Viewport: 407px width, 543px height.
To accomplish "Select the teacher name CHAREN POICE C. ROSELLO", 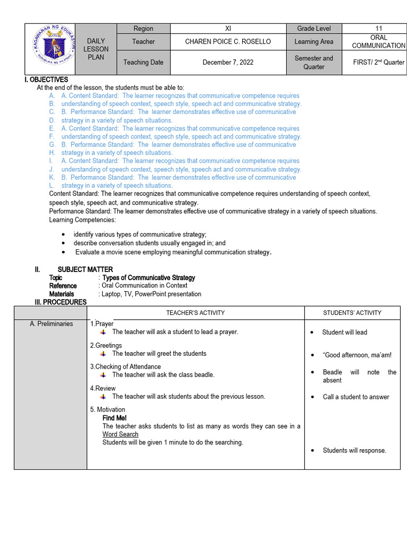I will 228,41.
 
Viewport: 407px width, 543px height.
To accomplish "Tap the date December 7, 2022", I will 228,62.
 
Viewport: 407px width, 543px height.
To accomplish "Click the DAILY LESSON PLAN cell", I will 96,49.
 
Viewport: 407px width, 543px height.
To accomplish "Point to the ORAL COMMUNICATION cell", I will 378,41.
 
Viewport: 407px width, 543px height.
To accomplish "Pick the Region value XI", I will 228,29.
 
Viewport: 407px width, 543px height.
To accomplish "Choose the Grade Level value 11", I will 378,29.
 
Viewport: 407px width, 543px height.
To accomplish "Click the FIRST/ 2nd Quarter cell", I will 378,62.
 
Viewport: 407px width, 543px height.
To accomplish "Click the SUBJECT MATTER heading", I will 85,269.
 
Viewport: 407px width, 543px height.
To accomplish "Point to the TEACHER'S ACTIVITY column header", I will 196,313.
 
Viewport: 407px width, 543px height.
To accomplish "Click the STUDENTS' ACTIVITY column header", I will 352,313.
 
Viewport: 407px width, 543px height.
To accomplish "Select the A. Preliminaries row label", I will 51,323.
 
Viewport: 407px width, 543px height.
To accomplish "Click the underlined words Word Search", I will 120,434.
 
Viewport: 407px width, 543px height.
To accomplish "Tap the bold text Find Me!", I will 114,418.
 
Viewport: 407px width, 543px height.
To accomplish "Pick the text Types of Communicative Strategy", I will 148,277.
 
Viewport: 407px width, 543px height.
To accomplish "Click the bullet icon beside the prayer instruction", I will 103,332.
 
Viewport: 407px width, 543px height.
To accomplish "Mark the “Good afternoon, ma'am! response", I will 357,355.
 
